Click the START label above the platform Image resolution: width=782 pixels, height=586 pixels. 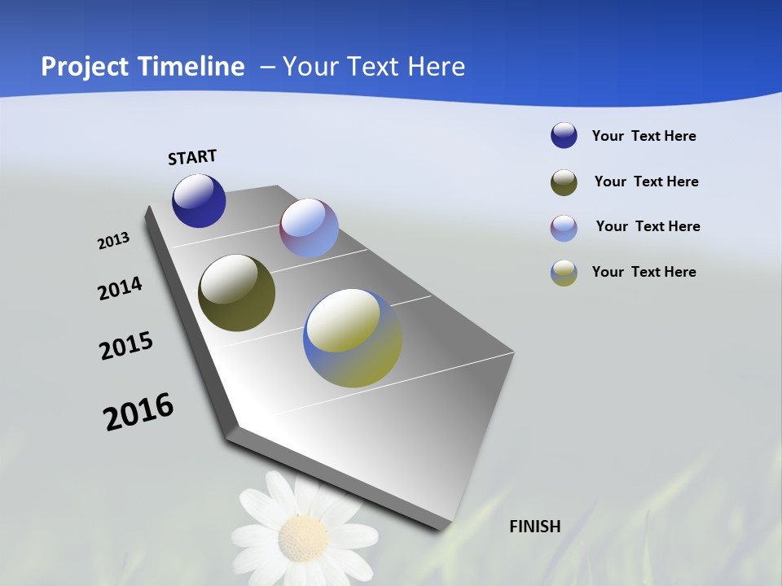192,157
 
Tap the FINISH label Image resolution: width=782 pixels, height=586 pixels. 535,527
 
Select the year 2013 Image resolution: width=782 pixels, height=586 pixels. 114,241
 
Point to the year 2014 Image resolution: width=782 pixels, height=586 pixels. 120,289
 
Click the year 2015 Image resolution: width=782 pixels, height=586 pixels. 126,346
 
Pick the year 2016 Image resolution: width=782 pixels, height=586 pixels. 138,412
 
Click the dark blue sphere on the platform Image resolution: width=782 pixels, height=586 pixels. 199,201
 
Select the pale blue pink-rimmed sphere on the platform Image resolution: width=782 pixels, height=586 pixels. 309,228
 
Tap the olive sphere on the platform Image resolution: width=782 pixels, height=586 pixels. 236,293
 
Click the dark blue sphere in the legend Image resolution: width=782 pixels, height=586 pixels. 564,135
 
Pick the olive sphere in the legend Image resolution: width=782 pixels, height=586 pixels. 564,182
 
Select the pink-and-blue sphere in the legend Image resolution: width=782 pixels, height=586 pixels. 564,228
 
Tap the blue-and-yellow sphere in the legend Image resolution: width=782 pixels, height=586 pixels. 564,273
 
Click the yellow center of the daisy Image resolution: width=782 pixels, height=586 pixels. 303,537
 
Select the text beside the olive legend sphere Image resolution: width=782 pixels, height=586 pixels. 646,181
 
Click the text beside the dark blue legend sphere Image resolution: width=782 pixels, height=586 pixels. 644,136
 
